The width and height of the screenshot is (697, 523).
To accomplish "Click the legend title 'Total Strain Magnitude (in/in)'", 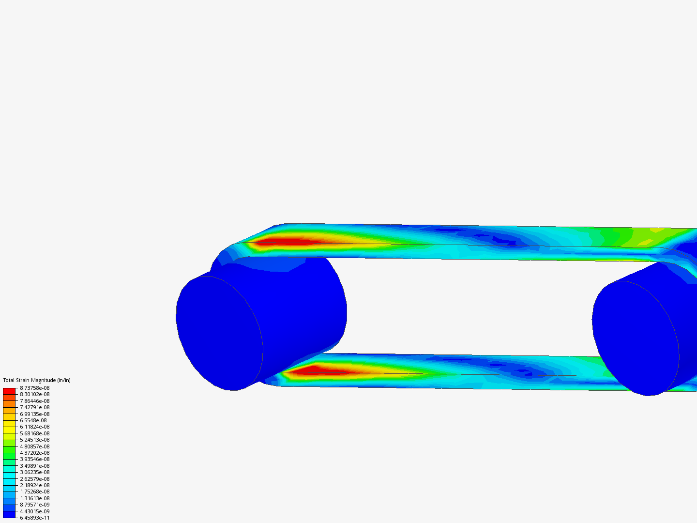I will pyautogui.click(x=37, y=380).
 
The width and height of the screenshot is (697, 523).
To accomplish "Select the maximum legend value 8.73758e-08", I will pyautogui.click(x=34, y=388).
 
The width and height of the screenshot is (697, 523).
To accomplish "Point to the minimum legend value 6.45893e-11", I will pyautogui.click(x=34, y=518).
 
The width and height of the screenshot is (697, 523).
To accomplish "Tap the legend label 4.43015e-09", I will pyautogui.click(x=34, y=511).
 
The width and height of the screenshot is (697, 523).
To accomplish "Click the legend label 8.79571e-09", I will pyautogui.click(x=34, y=505).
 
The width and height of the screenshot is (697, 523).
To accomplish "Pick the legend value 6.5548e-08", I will pyautogui.click(x=33, y=420).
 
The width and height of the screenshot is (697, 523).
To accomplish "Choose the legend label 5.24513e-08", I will pyautogui.click(x=34, y=440).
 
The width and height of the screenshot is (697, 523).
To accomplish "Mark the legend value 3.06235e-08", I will pyautogui.click(x=34, y=472).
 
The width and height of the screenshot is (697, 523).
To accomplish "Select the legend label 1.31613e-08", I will pyautogui.click(x=34, y=498).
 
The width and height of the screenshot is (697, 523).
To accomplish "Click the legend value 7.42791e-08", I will pyautogui.click(x=34, y=407).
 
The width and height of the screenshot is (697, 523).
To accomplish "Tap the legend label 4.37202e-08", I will pyautogui.click(x=34, y=453).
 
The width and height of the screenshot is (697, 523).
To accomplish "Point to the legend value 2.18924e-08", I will pyautogui.click(x=34, y=485).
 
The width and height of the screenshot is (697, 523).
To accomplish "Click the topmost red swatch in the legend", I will pyautogui.click(x=9, y=391).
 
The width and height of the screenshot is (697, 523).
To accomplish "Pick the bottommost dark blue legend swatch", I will pyautogui.click(x=9, y=514).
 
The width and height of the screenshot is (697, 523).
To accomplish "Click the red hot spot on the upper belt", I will pyautogui.click(x=286, y=241).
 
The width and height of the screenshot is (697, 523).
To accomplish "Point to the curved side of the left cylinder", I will pyautogui.click(x=305, y=305).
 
